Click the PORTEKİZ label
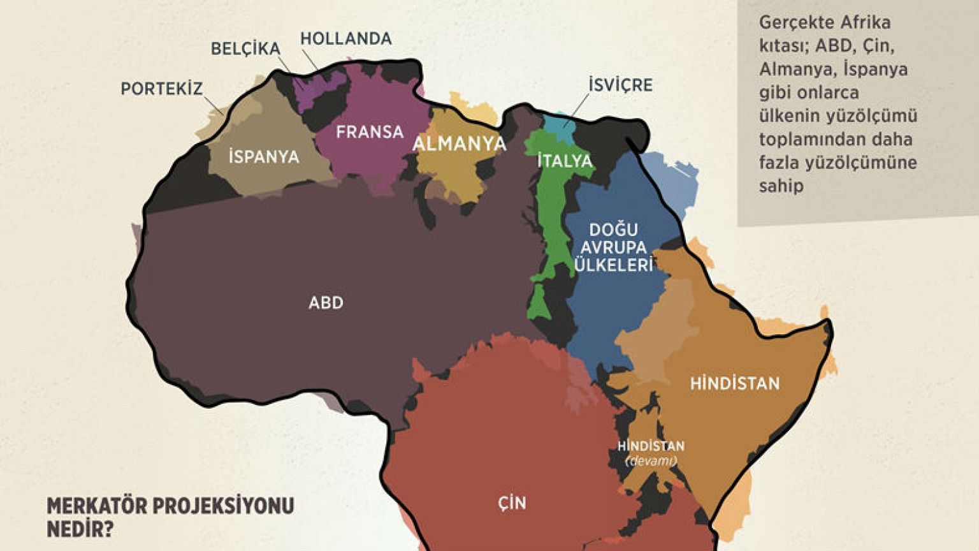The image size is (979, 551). [161, 89]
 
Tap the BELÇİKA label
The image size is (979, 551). [245, 48]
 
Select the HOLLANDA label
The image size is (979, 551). [345, 38]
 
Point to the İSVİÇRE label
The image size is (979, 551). [620, 85]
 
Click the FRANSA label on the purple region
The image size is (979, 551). [370, 132]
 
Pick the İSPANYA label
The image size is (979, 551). [263, 156]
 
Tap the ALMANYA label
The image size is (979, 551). [459, 143]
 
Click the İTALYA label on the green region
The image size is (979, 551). [565, 161]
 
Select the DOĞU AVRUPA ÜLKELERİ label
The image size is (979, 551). [614, 247]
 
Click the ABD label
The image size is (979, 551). [326, 302]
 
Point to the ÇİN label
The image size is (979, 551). [512, 503]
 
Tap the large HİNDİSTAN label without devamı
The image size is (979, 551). [735, 383]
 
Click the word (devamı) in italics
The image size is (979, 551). [650, 460]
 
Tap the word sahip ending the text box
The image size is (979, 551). [781, 186]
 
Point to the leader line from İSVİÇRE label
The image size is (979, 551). [577, 105]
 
